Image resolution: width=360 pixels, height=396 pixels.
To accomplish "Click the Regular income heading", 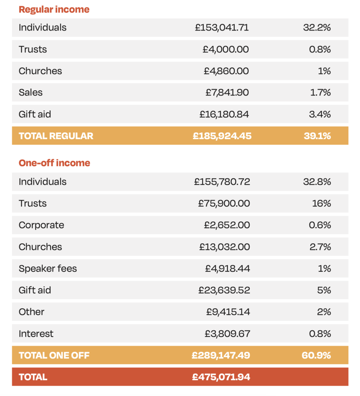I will point(54,9).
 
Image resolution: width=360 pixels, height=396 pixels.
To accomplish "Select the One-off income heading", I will point(54,163).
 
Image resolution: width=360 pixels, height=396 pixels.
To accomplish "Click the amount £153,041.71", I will point(222,27).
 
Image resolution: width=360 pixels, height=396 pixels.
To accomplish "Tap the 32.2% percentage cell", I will point(317,27).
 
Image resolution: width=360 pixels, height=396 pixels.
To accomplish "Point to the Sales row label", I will point(31,92).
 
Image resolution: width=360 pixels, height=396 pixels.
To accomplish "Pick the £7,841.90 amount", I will point(227,92).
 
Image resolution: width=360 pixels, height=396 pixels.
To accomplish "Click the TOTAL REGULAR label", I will point(56,136).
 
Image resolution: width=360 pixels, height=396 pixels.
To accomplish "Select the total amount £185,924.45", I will point(222,136).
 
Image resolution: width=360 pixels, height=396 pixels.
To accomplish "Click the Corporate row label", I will point(41,225).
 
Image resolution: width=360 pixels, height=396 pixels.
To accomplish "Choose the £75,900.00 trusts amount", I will point(224,203).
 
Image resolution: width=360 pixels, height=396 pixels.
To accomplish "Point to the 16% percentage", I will point(321,203).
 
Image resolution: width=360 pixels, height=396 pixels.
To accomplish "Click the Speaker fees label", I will point(48,268).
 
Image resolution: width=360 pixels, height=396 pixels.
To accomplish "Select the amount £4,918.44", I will point(227,268).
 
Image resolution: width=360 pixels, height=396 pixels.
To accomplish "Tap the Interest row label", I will point(36,333).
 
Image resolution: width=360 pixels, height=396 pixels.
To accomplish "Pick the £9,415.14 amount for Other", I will point(228,312).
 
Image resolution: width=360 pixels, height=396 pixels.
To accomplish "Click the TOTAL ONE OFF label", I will point(54,355).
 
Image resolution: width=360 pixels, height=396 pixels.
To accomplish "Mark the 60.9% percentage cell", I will point(316,355).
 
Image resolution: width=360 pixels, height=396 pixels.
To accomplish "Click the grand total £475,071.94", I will point(221,377).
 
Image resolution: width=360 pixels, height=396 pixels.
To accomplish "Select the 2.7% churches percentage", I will point(320,247).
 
